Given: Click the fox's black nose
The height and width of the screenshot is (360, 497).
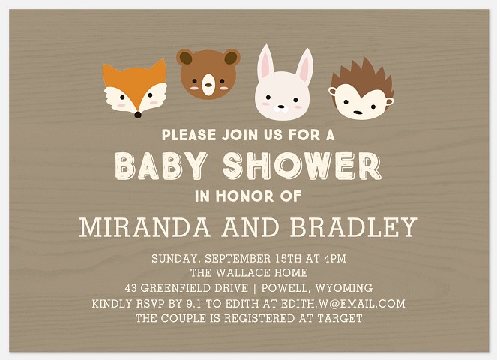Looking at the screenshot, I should tap(137, 115).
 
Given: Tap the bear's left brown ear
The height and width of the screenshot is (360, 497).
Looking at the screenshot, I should tap(184, 57).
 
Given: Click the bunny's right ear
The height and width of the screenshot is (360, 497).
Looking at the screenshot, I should tap(304, 67).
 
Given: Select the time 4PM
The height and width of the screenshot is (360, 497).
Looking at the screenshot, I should tap(334, 259).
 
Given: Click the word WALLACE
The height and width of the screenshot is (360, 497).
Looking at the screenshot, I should tap(247, 273).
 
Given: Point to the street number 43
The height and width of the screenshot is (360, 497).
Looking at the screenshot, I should tap(133, 288).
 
